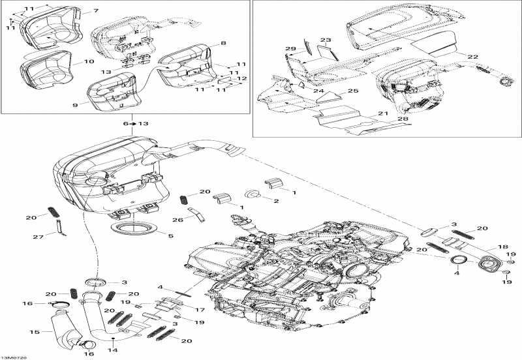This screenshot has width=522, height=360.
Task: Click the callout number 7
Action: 96,11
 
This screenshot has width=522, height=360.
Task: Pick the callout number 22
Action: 472,57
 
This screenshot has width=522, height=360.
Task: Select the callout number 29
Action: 290,50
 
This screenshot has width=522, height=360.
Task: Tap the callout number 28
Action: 403,119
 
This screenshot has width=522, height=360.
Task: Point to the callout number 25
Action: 352,91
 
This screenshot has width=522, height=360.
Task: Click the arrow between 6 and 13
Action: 132,123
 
